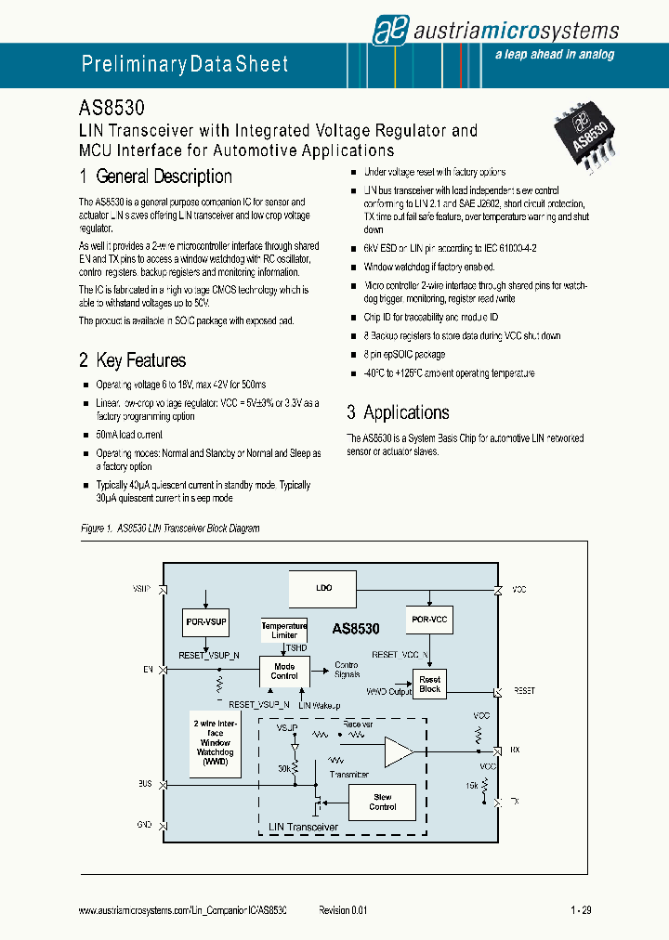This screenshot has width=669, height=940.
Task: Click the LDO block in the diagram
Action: (x=323, y=588)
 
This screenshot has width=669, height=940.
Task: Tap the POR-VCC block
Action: (x=429, y=620)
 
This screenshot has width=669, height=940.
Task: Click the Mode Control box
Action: (x=284, y=671)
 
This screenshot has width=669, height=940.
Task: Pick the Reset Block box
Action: (x=430, y=684)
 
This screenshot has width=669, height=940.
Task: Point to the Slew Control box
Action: (x=382, y=802)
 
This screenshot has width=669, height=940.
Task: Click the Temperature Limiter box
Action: (x=284, y=630)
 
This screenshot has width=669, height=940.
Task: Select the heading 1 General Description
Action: (x=155, y=176)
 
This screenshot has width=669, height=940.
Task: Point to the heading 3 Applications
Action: (x=398, y=412)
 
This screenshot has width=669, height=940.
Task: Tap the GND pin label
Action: (x=145, y=824)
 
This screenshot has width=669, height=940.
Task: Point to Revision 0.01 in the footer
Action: (x=343, y=911)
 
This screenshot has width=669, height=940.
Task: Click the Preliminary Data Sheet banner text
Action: (x=185, y=64)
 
